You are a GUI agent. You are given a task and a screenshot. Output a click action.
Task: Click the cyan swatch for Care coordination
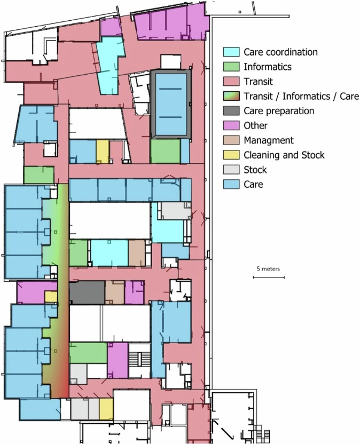pos(231,52)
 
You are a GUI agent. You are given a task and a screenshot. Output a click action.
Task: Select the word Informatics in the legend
pos(268,67)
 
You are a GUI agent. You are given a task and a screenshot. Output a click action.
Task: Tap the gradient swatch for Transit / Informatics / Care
pos(231,96)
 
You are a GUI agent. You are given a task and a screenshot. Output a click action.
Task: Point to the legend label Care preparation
pos(279,111)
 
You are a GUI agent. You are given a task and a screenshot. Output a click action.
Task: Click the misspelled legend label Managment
pos(269,140)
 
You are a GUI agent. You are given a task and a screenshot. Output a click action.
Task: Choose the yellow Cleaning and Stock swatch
pos(231,155)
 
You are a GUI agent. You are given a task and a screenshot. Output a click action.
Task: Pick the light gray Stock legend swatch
pos(231,170)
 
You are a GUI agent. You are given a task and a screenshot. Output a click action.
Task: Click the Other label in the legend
pos(256,125)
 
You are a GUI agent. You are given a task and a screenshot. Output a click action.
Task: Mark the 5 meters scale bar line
pos(269,277)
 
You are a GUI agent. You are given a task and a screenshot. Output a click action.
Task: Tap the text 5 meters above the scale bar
pos(268,269)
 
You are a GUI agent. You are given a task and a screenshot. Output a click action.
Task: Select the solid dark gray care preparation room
pos(87,293)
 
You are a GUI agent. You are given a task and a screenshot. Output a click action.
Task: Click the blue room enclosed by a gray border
pos(171,105)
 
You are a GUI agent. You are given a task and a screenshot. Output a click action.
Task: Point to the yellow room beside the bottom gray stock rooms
pos(106,409)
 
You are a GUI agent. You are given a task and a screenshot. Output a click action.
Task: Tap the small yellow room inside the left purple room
pos(51,297)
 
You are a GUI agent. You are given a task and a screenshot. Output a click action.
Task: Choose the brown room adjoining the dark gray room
pos(115,293)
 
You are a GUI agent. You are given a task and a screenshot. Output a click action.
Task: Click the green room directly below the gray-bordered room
pos(166,151)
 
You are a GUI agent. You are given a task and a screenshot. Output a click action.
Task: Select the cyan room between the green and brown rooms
pos(109,253)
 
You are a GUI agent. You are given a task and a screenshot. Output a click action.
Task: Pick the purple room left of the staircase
pos(118,360)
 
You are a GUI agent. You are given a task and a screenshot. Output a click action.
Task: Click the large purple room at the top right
pos(170,23)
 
